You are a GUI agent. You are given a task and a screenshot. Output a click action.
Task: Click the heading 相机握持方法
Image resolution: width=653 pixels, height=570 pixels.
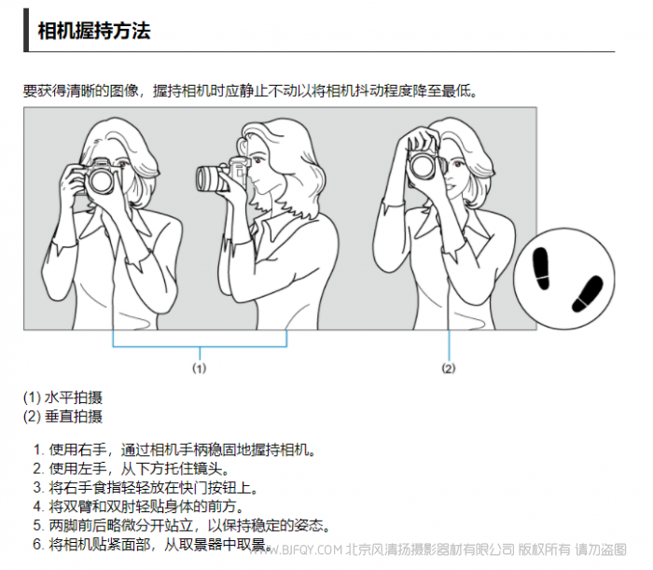pyautogui.click(x=94, y=31)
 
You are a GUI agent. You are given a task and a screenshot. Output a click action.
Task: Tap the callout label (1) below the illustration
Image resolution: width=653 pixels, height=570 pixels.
pyautogui.click(x=199, y=368)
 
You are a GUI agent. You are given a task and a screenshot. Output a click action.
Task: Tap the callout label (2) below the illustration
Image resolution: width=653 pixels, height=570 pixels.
pyautogui.click(x=449, y=368)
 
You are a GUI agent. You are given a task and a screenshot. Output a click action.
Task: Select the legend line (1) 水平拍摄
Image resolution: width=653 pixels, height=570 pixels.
pyautogui.click(x=63, y=397)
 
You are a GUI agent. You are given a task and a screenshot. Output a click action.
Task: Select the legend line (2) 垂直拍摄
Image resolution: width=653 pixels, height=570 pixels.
pyautogui.click(x=63, y=416)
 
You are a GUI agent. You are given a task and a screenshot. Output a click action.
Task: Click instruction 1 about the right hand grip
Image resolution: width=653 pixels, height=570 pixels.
pyautogui.click(x=175, y=450)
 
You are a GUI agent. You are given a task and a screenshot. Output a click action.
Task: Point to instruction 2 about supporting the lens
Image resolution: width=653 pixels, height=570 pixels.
pyautogui.click(x=132, y=469)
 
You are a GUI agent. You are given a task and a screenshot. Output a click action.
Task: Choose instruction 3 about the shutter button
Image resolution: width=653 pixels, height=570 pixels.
pyautogui.click(x=146, y=488)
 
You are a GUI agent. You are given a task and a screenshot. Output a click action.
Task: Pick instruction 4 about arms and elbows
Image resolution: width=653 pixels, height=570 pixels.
pyautogui.click(x=139, y=507)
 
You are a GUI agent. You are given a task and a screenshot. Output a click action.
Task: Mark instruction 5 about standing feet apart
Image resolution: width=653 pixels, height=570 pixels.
pyautogui.click(x=182, y=525)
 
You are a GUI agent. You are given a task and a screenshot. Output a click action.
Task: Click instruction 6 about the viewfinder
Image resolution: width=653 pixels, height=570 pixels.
pyautogui.click(x=153, y=544)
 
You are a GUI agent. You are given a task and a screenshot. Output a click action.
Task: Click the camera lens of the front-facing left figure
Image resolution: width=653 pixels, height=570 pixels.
pyautogui.click(x=101, y=181)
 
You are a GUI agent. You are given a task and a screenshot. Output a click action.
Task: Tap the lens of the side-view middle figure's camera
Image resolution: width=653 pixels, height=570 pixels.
pyautogui.click(x=207, y=179)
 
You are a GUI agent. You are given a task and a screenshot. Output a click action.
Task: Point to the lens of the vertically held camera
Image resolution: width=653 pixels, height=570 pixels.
pyautogui.click(x=424, y=166)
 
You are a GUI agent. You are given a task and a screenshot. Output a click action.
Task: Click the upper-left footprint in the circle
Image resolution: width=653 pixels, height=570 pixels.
pyautogui.click(x=541, y=268)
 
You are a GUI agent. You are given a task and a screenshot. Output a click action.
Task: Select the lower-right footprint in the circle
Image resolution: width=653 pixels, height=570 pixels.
pyautogui.click(x=588, y=294)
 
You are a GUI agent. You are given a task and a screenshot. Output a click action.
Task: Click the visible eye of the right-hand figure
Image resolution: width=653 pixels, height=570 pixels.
pyautogui.click(x=458, y=164)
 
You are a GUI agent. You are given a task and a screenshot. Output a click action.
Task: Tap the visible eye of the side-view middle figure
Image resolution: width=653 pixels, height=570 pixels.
pyautogui.click(x=257, y=160)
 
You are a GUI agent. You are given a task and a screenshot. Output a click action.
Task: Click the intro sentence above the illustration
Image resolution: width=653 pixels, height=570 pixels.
pyautogui.click(x=250, y=90)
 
